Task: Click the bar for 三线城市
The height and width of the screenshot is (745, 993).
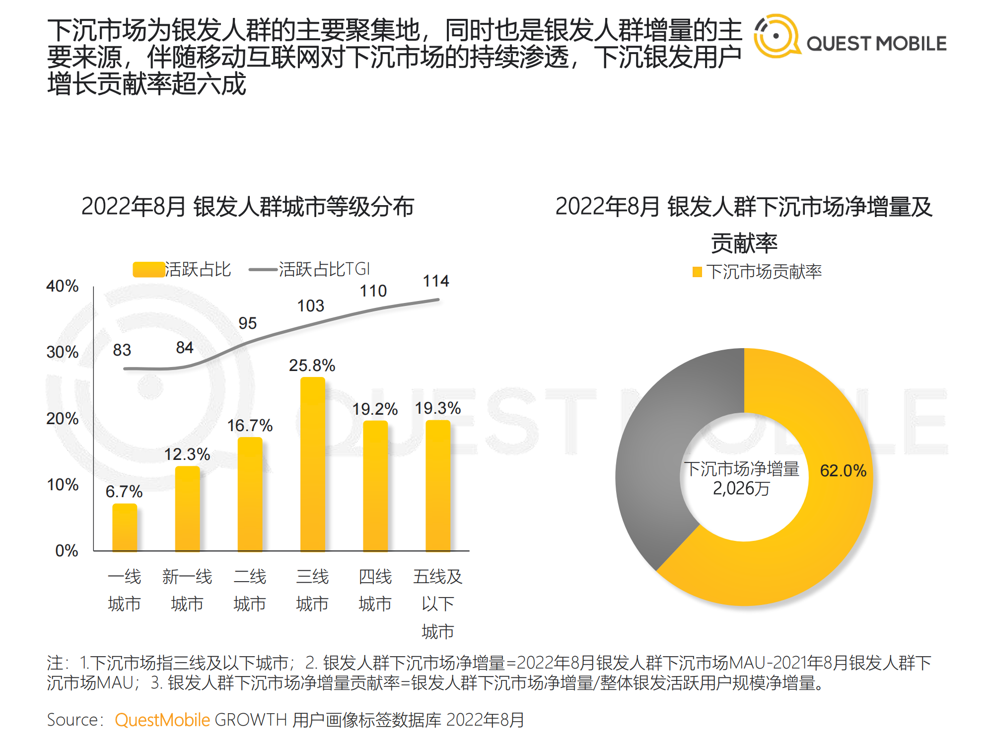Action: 313,464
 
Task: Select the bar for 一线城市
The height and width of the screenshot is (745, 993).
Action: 125,527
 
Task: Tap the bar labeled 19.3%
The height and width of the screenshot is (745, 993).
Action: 438,486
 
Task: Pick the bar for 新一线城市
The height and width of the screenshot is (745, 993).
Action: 187,509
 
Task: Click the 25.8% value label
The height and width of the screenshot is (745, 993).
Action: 312,366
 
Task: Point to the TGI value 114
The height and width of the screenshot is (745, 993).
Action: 436,281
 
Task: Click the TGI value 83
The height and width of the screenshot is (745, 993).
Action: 122,350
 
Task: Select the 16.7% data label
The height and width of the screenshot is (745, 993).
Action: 250,426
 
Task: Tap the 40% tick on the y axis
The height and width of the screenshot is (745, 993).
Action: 63,286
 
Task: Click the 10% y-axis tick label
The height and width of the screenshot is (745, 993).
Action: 63,485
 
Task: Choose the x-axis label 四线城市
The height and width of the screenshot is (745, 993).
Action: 375,590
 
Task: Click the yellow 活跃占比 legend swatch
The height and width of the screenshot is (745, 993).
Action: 148,270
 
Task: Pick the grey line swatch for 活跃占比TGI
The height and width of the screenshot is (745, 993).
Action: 263,270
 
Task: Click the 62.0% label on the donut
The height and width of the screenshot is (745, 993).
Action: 843,470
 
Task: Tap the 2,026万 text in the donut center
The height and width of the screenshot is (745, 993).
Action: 741,489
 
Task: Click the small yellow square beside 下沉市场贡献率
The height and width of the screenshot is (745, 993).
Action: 697,272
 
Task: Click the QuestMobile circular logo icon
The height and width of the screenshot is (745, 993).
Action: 777,36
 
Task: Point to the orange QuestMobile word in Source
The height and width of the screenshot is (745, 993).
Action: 162,720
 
